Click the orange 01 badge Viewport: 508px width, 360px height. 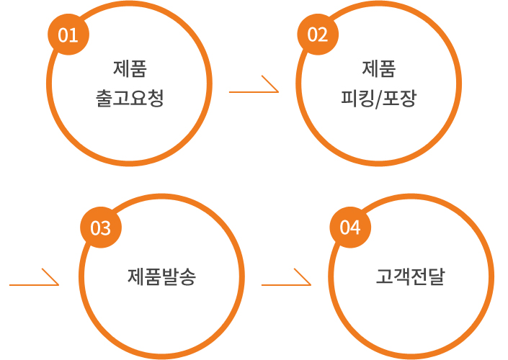(68, 35)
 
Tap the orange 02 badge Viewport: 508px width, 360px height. (317, 35)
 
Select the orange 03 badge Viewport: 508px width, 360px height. (100, 228)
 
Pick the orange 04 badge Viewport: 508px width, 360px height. (349, 228)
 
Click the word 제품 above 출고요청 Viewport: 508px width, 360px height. (130, 70)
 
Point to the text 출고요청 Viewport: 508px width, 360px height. (130, 98)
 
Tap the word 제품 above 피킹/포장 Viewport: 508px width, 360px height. (379, 70)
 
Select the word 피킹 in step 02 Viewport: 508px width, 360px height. (356, 98)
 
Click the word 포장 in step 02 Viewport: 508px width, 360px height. (401, 98)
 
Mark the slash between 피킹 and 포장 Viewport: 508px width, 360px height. (378, 99)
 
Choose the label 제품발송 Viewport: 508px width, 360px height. (162, 276)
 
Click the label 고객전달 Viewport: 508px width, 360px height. (411, 276)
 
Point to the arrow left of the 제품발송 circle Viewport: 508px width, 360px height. (34, 281)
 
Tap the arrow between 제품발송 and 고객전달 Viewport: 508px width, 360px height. (286, 281)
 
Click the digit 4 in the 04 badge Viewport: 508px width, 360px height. (355, 228)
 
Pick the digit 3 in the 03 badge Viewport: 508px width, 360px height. (105, 228)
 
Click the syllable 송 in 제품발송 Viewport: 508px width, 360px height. (188, 276)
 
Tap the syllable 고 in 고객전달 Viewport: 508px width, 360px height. (385, 276)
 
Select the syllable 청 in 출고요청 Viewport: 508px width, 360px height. (156, 98)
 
